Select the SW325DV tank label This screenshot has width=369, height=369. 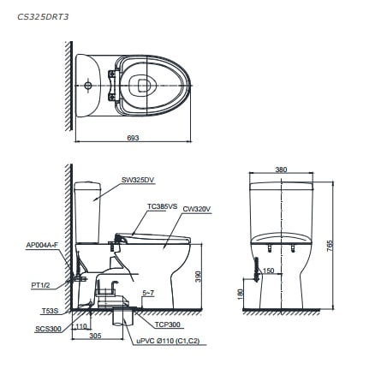[x=137, y=180]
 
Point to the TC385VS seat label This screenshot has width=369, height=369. [x=162, y=206]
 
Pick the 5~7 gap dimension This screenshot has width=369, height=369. [x=147, y=293]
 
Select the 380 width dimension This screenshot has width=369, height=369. [x=281, y=170]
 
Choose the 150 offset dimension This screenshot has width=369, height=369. [x=268, y=271]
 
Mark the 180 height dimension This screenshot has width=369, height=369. [x=242, y=295]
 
